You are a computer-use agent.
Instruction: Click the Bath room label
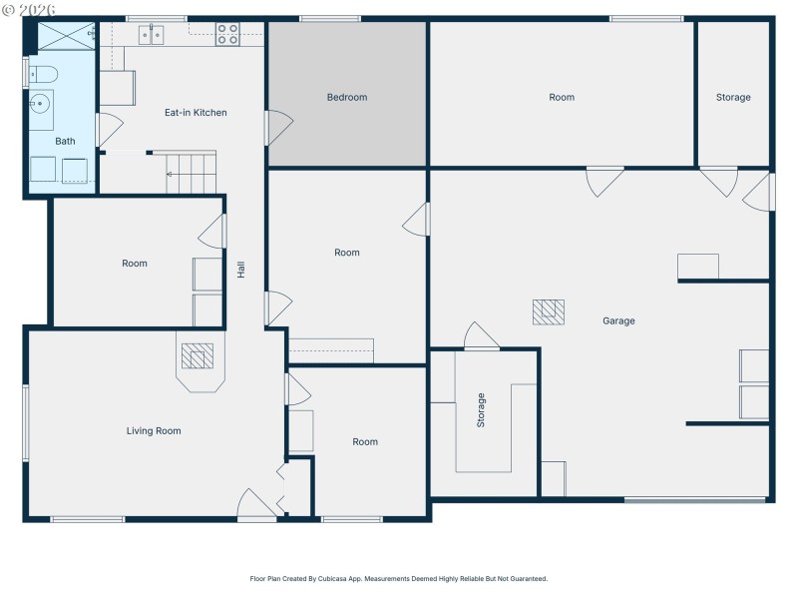pyautogui.click(x=65, y=142)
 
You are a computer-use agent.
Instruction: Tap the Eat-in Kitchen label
pyautogui.click(x=196, y=113)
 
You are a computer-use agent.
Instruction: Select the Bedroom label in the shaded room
pyautogui.click(x=347, y=98)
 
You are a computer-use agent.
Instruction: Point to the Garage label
pyautogui.click(x=618, y=321)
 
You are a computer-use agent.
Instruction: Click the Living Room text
pyautogui.click(x=154, y=431)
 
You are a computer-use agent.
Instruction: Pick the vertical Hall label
pyautogui.click(x=240, y=270)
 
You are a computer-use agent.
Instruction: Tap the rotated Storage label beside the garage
pyautogui.click(x=481, y=410)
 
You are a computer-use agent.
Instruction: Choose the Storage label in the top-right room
pyautogui.click(x=733, y=98)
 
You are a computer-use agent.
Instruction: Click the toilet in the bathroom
pyautogui.click(x=41, y=73)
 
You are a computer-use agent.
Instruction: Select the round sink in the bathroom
pyautogui.click(x=41, y=102)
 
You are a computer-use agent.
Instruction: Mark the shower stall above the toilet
pyautogui.click(x=65, y=37)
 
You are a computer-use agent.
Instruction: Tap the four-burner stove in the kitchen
pyautogui.click(x=227, y=35)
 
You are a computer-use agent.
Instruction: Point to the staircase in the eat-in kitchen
pyautogui.click(x=191, y=172)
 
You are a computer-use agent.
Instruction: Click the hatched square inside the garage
pyautogui.click(x=549, y=311)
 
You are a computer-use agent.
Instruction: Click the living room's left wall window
pyautogui.click(x=26, y=423)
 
